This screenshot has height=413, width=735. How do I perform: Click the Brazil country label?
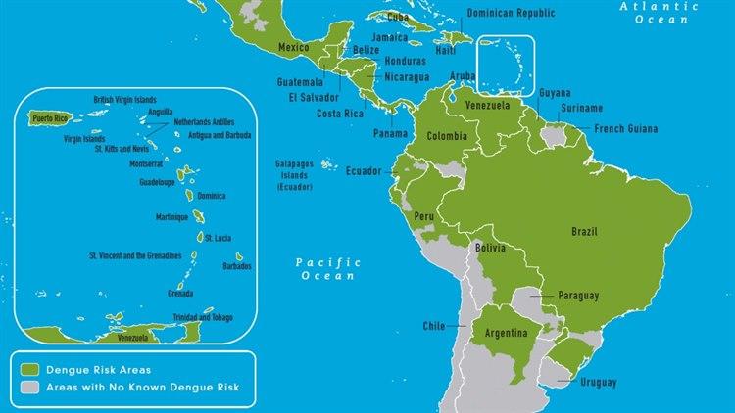pyautogui.click(x=584, y=232)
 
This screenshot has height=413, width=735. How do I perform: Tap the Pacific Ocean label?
pyautogui.click(x=328, y=269)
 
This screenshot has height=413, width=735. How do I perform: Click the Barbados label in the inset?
pyautogui.click(x=236, y=265)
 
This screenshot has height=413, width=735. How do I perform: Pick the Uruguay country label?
pyautogui.click(x=598, y=380)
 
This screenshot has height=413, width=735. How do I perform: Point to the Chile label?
pyautogui.click(x=433, y=326)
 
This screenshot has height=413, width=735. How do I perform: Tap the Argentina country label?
pyautogui.click(x=507, y=336)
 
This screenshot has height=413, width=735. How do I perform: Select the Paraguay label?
pyautogui.click(x=578, y=295)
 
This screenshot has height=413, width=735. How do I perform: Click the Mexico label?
pyautogui.click(x=294, y=47)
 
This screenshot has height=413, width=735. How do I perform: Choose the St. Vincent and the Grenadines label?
pyautogui.click(x=134, y=255)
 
